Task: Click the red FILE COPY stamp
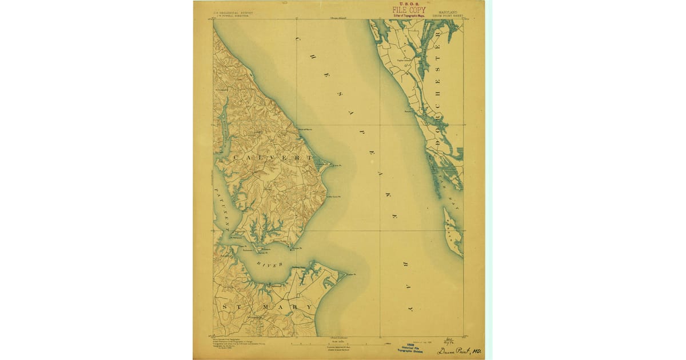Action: click(408, 10)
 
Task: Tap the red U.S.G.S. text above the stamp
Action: click(408, 4)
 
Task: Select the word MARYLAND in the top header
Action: click(448, 12)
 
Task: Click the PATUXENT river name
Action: click(220, 209)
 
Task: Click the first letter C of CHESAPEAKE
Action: click(298, 38)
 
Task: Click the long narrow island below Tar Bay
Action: click(453, 231)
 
